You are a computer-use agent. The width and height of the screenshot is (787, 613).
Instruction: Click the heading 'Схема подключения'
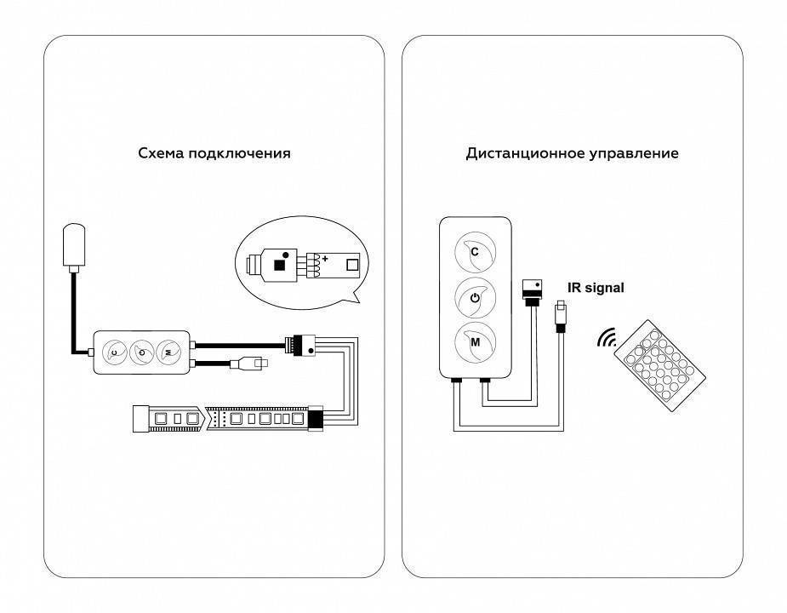tap(214, 154)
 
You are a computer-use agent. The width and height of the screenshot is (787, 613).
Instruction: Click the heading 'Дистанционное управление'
tap(572, 154)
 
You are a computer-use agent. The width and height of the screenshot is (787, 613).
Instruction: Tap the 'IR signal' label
tap(596, 288)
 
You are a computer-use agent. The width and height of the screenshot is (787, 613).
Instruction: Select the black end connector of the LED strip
tap(316, 419)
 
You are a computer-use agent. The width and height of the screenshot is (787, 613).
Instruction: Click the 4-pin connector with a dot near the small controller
tap(303, 345)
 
